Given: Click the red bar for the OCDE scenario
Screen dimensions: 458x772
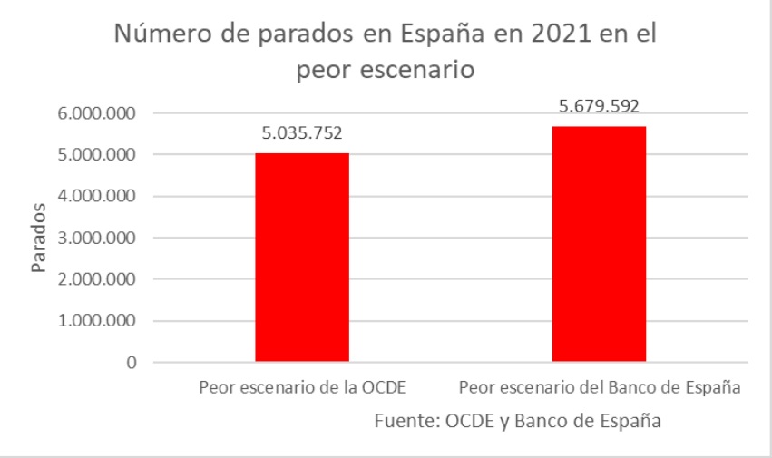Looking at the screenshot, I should tap(301, 258).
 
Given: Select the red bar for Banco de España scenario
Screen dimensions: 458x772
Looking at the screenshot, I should tap(599, 244).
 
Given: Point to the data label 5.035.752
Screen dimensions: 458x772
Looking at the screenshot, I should tap(302, 134).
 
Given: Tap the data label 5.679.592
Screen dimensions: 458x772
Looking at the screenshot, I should tap(600, 107).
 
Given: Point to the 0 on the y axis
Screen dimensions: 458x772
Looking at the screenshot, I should tap(132, 363).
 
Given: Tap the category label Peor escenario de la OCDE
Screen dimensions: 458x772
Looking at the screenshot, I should tap(301, 388).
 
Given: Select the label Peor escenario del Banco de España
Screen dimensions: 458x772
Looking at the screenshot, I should tap(601, 388).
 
